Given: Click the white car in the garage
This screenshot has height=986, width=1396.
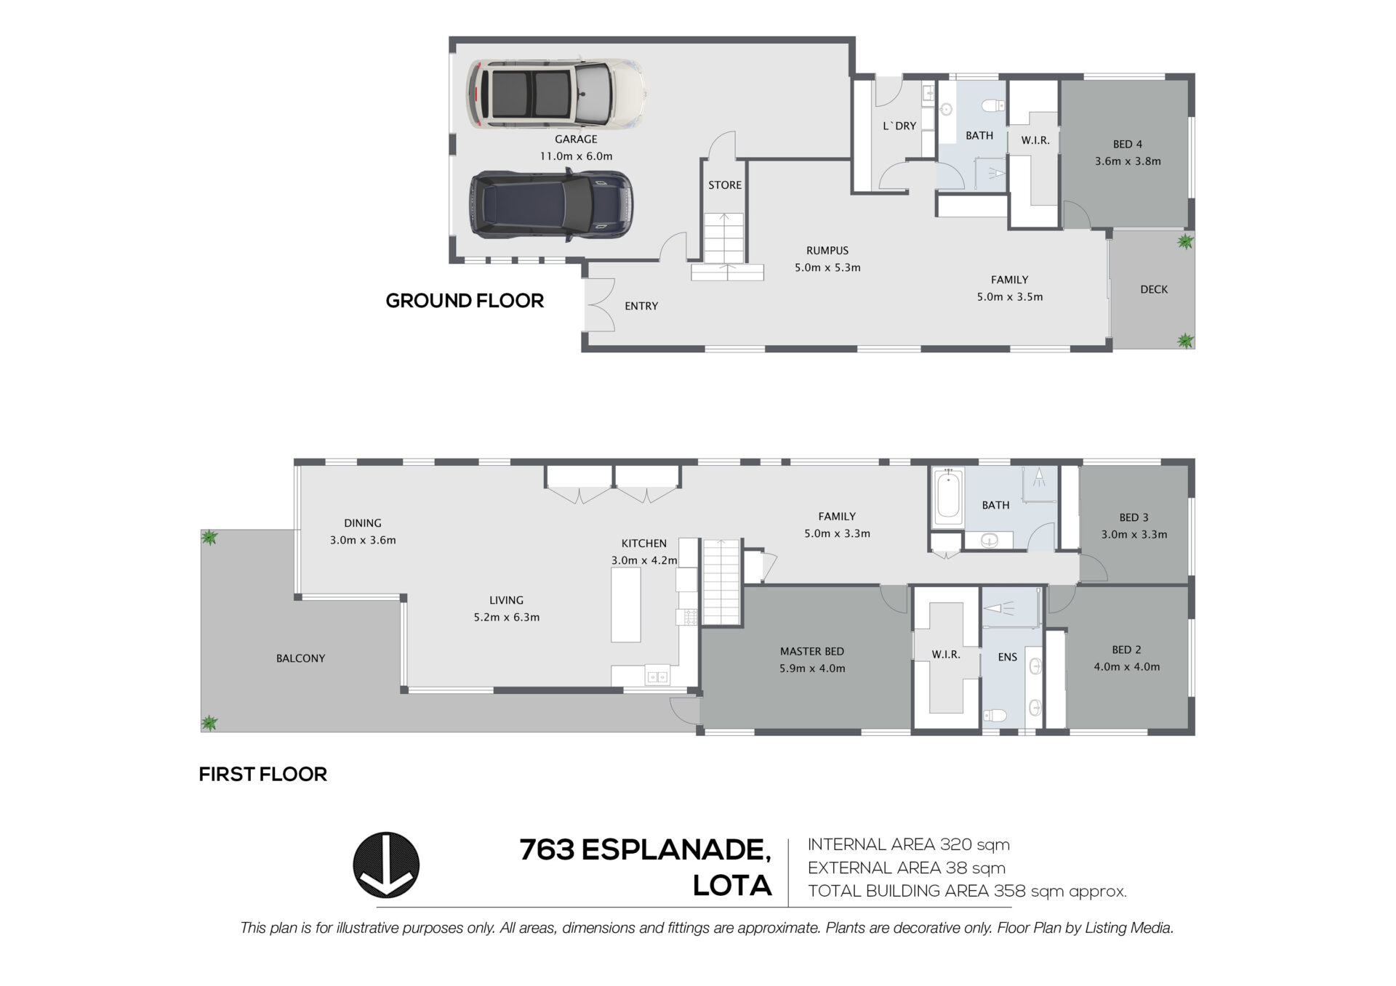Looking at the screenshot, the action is (556, 94).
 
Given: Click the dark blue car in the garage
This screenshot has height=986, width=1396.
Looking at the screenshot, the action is (552, 204).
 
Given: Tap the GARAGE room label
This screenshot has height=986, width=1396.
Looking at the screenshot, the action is (576, 139).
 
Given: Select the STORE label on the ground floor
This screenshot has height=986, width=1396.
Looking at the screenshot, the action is (725, 185).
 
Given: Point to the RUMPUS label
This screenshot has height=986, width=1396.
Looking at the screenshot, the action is (827, 251).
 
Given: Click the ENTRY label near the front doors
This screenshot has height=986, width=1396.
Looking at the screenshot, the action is (641, 306).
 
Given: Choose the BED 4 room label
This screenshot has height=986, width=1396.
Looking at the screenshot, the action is (1128, 144).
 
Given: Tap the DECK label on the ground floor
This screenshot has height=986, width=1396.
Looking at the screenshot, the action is (1154, 289).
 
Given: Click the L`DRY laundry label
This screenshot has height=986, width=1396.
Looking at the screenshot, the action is (899, 126).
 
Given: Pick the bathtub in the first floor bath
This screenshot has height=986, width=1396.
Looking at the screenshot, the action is (947, 497).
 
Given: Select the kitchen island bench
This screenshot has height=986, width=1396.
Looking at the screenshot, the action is (625, 605).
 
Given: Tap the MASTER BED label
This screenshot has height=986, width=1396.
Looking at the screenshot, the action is (812, 652).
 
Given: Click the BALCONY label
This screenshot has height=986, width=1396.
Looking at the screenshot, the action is (300, 658).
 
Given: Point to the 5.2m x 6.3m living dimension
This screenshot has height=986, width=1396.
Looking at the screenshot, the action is (507, 618).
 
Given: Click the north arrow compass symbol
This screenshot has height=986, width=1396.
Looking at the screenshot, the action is (386, 865).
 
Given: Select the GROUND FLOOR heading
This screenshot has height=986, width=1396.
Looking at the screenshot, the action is (465, 301).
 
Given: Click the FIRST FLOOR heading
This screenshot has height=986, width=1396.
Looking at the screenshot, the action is (263, 775).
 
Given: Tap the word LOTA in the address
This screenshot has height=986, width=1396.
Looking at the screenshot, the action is (732, 886).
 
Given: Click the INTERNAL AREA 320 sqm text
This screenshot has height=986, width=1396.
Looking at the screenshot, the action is (909, 845).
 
